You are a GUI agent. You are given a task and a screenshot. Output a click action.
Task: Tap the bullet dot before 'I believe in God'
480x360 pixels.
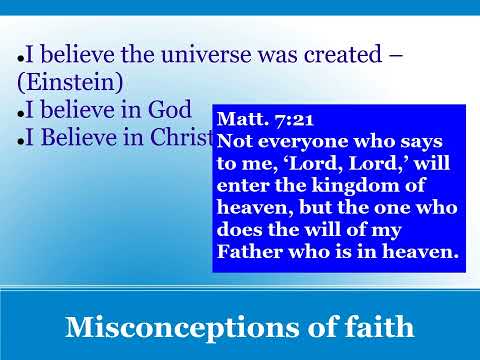point(21,114)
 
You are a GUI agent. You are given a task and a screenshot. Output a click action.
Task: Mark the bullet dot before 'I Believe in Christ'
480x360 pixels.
point(21,141)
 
